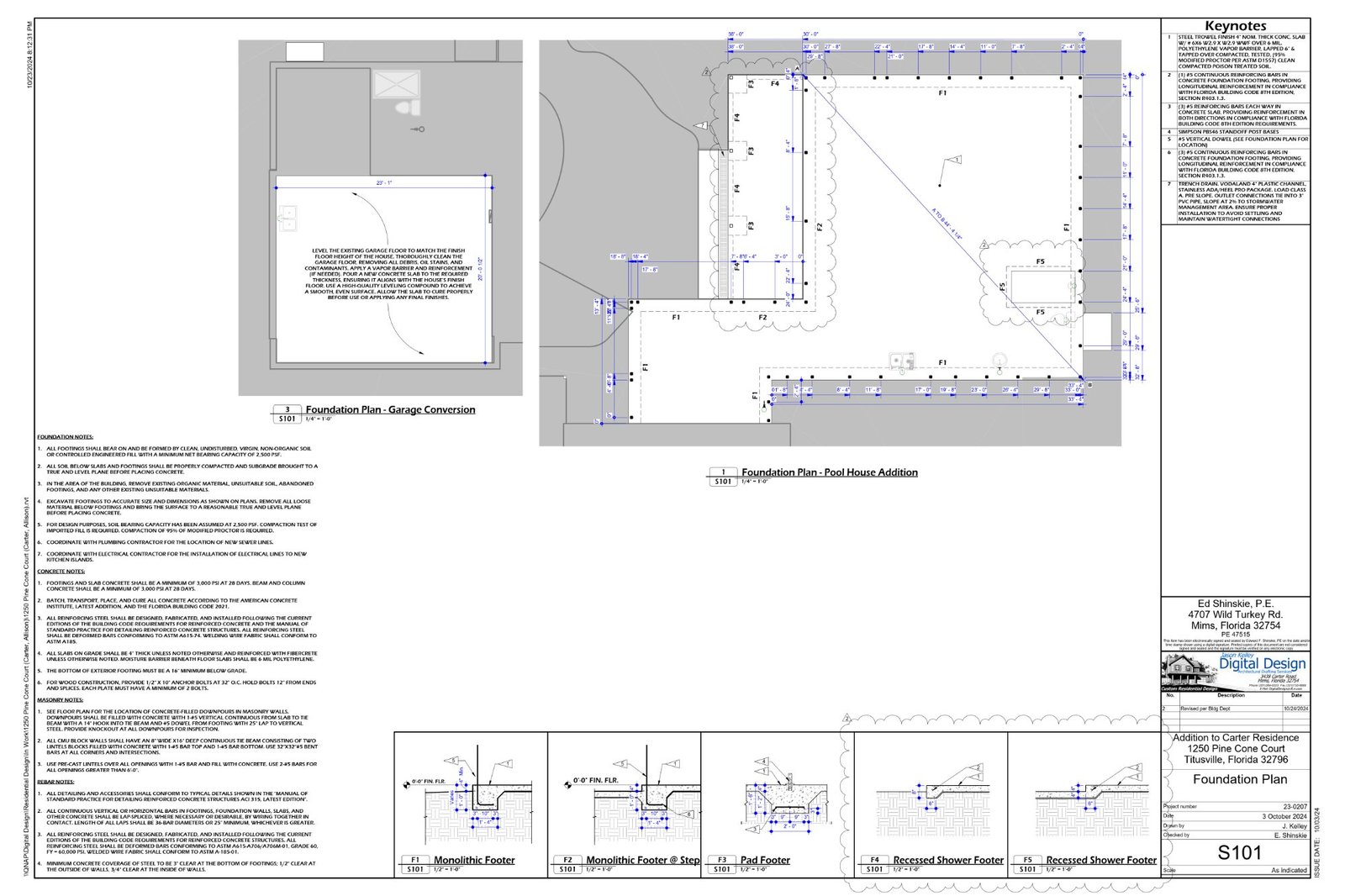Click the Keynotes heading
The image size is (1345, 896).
(1235, 26)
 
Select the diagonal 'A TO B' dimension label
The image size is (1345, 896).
(947, 224)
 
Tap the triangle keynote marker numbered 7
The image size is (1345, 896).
(703, 125)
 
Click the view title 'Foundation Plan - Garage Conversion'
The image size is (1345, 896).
(390, 410)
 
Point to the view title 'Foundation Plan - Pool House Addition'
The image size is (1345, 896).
(829, 472)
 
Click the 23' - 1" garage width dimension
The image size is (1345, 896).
(384, 182)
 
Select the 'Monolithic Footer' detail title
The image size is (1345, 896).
(474, 860)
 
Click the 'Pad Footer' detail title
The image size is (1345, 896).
(765, 860)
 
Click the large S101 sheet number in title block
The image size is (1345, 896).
(1239, 852)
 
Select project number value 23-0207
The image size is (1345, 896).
(1294, 806)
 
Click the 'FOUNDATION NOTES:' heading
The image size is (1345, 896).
(65, 437)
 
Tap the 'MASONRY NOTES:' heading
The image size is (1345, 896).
(60, 699)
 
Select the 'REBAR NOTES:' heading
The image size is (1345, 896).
(56, 782)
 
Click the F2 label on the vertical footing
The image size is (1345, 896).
(820, 227)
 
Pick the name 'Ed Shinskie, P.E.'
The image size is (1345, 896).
(1235, 603)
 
